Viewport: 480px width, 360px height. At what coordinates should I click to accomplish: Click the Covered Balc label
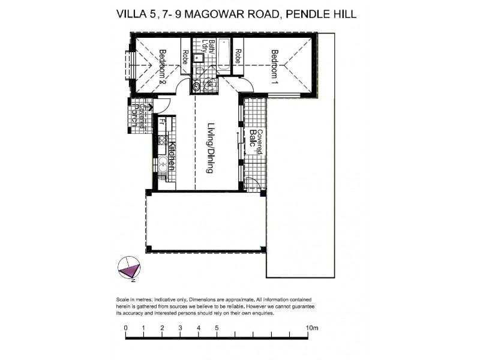coord(257,143)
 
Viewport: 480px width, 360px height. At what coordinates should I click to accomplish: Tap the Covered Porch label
coord(140,115)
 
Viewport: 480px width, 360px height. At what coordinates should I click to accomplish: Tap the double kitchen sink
coord(163,163)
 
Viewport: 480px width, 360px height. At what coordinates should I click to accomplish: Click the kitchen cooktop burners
coord(163,140)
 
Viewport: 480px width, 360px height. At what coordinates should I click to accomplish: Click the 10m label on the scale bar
coord(311,328)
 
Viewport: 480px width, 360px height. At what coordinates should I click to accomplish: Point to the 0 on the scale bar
coord(125,328)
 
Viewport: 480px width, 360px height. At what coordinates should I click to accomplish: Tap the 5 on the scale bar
coord(217,328)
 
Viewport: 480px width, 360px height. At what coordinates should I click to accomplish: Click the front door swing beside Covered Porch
coord(165,107)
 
